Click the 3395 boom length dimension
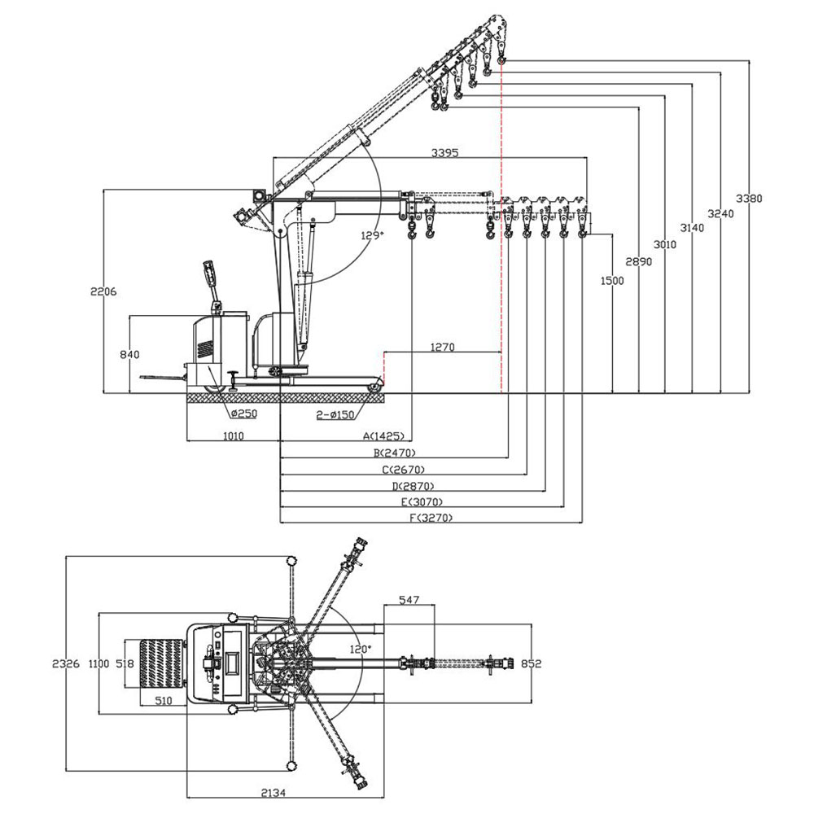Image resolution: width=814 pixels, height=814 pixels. click(445, 152)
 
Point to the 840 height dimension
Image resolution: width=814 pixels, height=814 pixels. click(129, 354)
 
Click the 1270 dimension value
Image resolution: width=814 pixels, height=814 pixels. click(442, 347)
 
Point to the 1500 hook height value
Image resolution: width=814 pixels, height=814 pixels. click(611, 281)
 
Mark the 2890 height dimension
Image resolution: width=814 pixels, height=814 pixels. click(638, 261)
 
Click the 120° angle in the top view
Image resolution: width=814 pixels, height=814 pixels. click(360, 649)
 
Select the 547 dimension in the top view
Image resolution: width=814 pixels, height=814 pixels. click(409, 600)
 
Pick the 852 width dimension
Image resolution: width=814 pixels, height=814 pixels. click(531, 663)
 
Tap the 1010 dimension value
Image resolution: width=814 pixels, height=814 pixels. click(233, 436)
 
